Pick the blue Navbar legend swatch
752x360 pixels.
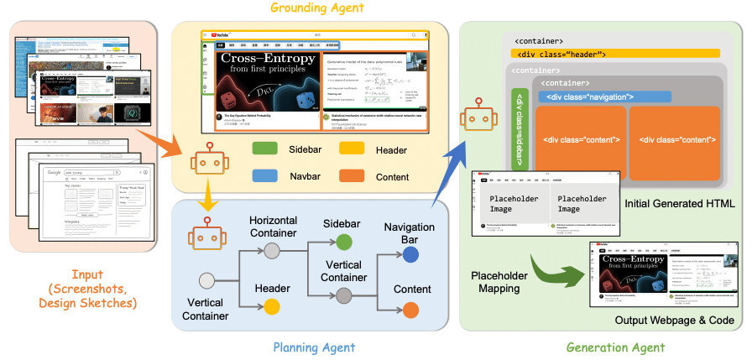266,176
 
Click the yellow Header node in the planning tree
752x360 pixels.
272,305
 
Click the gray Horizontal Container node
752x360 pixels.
272,250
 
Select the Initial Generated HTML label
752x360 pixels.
679,204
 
